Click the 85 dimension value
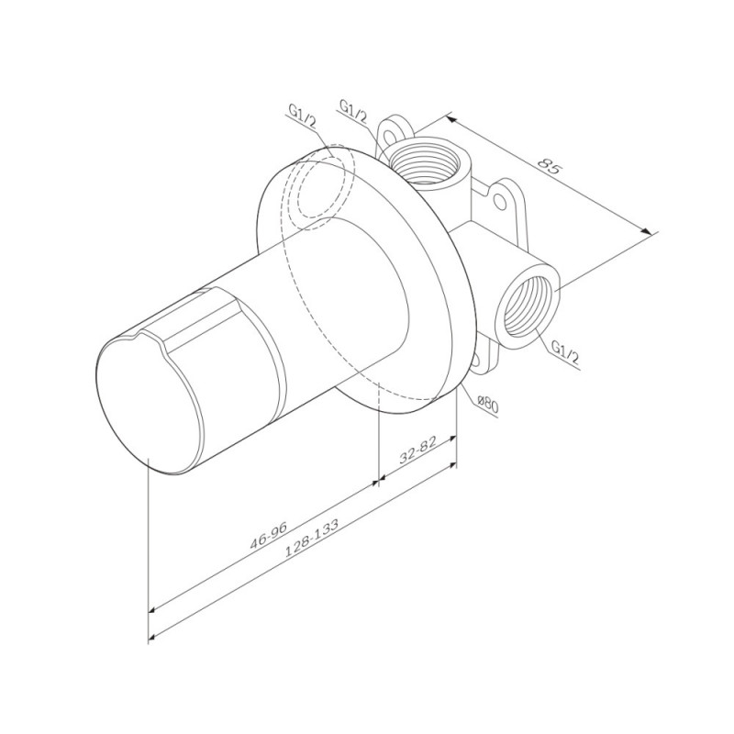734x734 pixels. [x=549, y=166]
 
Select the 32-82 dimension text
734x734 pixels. [x=417, y=450]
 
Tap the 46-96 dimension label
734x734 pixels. [x=268, y=534]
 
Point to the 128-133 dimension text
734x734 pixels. [x=312, y=538]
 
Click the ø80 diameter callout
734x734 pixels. [x=488, y=404]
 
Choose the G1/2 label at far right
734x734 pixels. [x=565, y=352]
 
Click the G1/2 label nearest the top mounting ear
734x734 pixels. [x=353, y=111]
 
